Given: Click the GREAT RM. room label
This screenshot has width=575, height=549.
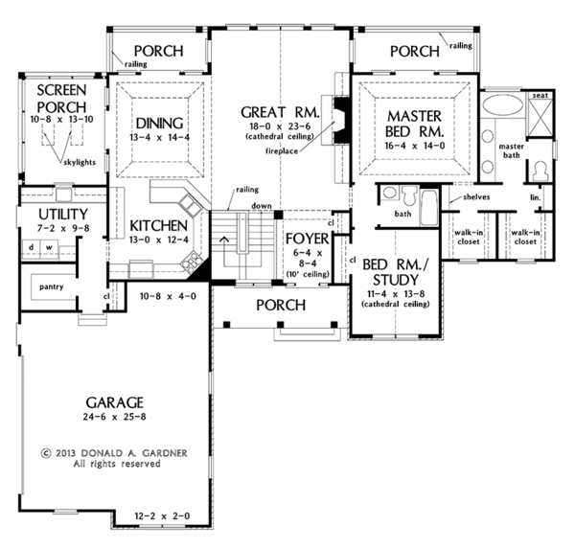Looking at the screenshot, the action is (x=280, y=112).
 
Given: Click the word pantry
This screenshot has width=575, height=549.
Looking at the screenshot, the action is (x=52, y=286).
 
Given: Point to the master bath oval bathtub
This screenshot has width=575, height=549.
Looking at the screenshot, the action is (x=503, y=105).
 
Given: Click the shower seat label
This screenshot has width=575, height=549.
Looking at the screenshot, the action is (x=540, y=96).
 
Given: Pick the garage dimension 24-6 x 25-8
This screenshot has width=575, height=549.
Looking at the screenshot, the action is (x=114, y=417).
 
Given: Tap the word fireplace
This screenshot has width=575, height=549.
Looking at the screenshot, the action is (x=282, y=151).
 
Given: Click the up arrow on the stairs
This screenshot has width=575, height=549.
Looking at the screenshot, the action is (x=224, y=240).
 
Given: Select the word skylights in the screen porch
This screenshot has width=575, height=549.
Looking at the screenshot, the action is (x=80, y=162).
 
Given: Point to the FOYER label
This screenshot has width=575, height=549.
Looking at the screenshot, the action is (x=308, y=239).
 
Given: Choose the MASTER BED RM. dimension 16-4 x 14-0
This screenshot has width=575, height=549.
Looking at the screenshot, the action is (x=415, y=146).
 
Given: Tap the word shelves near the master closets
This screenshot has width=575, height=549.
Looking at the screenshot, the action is (x=476, y=197).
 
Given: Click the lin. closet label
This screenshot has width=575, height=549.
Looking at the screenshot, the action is (x=536, y=197).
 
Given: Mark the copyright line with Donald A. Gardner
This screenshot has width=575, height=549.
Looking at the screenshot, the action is (x=114, y=453).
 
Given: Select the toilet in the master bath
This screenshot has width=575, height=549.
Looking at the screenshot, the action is (x=540, y=172).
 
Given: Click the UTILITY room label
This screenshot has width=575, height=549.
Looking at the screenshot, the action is (x=63, y=215).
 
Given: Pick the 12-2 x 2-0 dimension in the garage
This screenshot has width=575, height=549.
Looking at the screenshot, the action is (x=162, y=516).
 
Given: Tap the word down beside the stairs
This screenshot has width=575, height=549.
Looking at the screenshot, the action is (x=262, y=206).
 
